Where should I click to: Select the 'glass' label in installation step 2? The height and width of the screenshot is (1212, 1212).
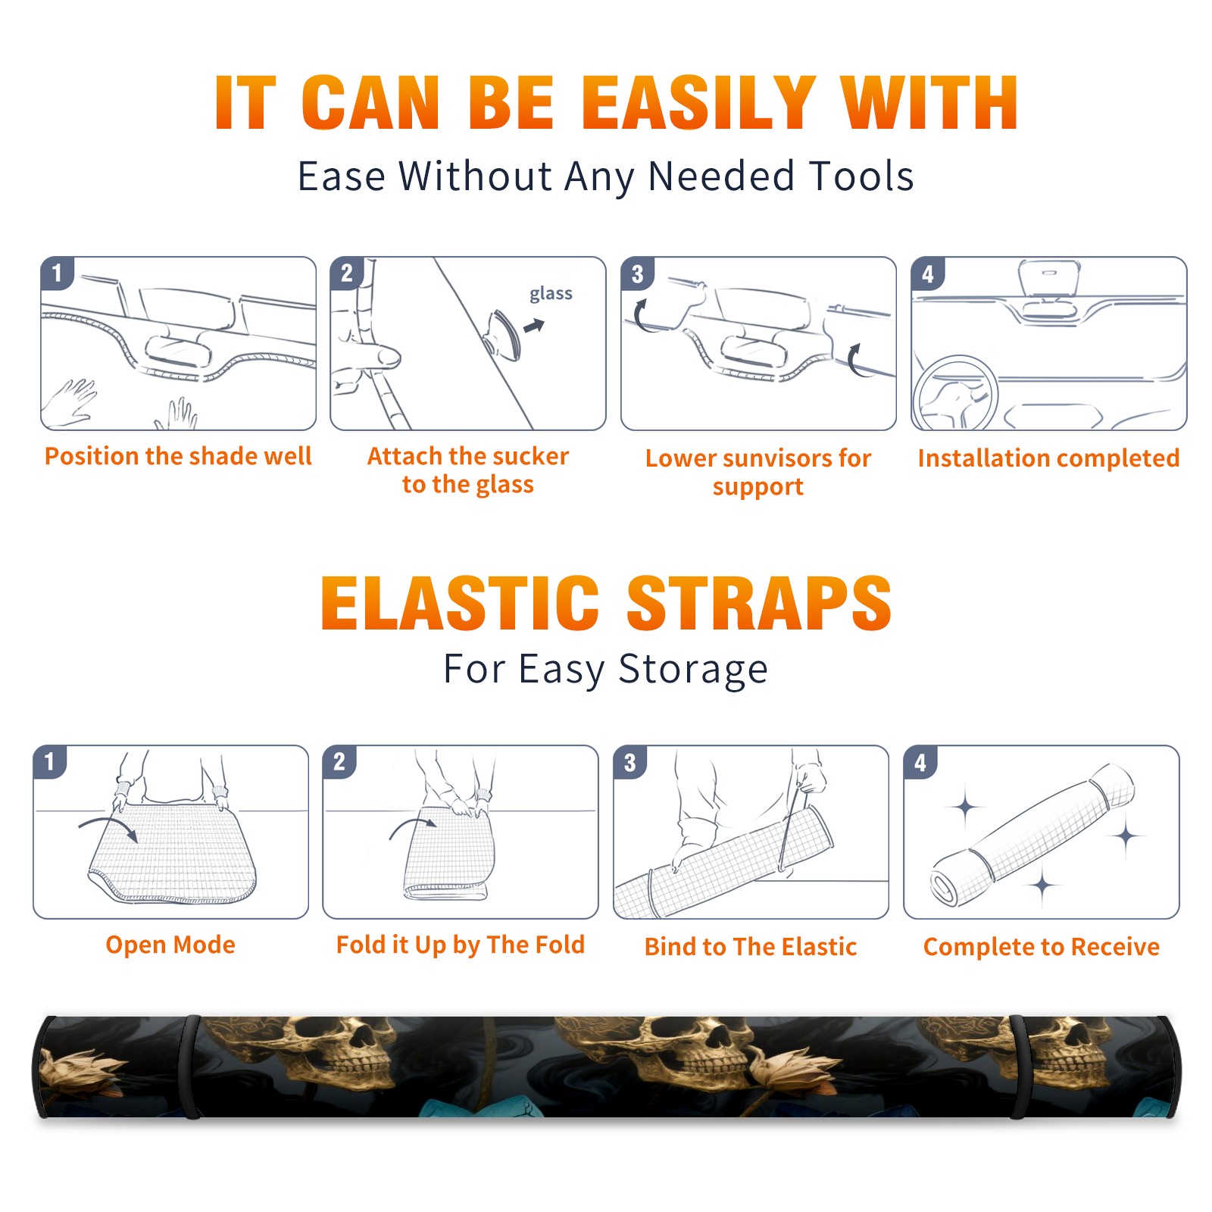(551, 294)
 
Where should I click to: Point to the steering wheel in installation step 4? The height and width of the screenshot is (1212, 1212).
(954, 394)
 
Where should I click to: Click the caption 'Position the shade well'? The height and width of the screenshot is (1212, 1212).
(178, 456)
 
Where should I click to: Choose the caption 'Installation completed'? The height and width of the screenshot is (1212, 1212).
(1048, 458)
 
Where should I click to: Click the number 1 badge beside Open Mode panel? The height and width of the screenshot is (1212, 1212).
(50, 762)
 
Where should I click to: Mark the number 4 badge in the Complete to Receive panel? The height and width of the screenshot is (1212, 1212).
(920, 762)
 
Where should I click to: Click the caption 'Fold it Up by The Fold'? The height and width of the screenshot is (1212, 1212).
(461, 945)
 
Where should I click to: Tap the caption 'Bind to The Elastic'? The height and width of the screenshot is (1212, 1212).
(751, 947)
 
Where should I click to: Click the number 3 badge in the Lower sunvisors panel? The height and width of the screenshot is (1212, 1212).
(637, 274)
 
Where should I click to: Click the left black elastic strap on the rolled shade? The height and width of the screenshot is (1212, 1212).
(192, 1067)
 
